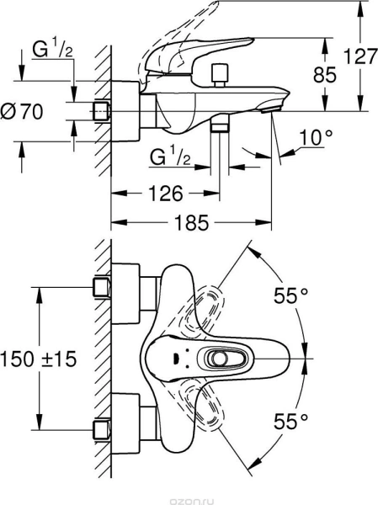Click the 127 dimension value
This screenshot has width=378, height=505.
tap(360, 56)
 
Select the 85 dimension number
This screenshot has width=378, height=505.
tap(324, 75)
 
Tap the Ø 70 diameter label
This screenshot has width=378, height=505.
tap(22, 112)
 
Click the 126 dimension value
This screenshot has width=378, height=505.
tap(165, 194)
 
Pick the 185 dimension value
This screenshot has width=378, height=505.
tap(191, 222)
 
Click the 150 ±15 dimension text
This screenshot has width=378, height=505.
tap(39, 359)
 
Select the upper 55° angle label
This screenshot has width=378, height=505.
tap(290, 295)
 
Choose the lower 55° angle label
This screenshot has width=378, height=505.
tap(290, 421)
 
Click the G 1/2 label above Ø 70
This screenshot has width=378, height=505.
tap(52, 50)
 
